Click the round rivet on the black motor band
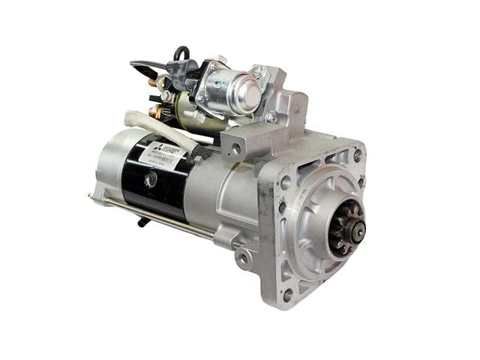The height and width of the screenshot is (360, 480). click(x=152, y=180)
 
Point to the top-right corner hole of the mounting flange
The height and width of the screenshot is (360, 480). click(x=357, y=153)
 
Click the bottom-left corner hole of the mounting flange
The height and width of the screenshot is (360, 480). click(x=287, y=295)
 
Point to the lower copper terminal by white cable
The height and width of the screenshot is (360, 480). click(x=153, y=113)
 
